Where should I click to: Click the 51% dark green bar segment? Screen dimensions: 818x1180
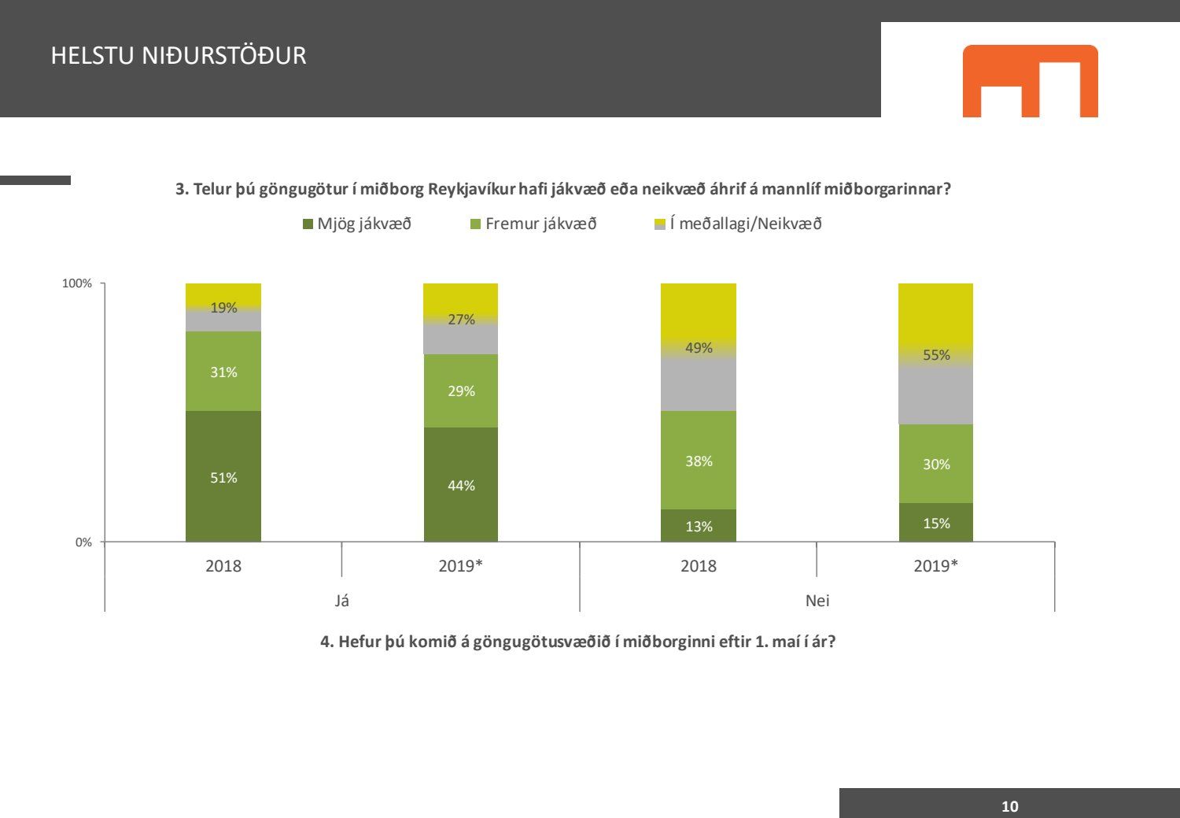223,476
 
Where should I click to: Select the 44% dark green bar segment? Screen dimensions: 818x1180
461,484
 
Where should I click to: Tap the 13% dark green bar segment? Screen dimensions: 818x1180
699,526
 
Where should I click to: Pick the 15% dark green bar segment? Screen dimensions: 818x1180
936,523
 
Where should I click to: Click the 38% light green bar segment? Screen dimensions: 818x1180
699,460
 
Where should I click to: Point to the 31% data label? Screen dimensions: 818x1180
223,372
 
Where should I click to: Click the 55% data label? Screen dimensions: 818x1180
936,355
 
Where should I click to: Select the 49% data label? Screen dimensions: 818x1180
699,348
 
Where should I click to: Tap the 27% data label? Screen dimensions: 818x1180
461,320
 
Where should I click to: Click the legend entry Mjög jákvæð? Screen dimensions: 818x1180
357,224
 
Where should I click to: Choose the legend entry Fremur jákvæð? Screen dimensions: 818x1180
533,224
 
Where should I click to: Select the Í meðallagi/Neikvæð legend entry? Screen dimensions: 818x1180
739,224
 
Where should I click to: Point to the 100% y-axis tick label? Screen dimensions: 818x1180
77,283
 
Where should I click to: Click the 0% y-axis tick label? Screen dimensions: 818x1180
83,542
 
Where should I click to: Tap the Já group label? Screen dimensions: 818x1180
342,601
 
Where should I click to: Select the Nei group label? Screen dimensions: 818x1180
817,601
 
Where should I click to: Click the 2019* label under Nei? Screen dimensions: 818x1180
936,566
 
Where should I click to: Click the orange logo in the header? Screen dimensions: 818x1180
1030,81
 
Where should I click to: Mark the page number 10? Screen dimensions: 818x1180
1009,806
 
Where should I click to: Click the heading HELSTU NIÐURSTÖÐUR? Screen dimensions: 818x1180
179,56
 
